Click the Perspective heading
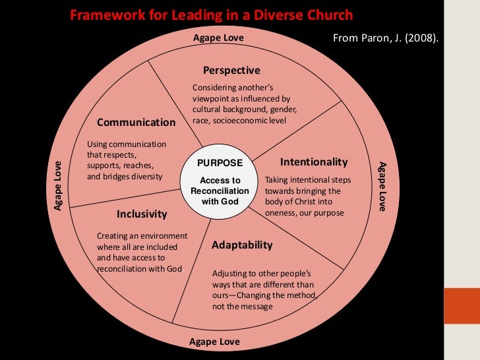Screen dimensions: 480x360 pos(231,71)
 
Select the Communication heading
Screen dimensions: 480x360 pos(136,122)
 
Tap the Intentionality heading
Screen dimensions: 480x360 pos(314,162)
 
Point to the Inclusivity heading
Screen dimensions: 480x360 pos(142,214)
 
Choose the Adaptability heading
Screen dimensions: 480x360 pos(242,245)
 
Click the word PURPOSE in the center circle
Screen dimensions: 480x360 pos(220,163)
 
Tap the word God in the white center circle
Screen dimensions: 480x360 pos(229,201)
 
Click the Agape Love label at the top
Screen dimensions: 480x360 pos(218,38)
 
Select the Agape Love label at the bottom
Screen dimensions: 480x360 pos(214,342)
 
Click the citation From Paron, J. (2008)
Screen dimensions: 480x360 pos(386,38)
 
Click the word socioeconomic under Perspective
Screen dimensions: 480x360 pos(239,120)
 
